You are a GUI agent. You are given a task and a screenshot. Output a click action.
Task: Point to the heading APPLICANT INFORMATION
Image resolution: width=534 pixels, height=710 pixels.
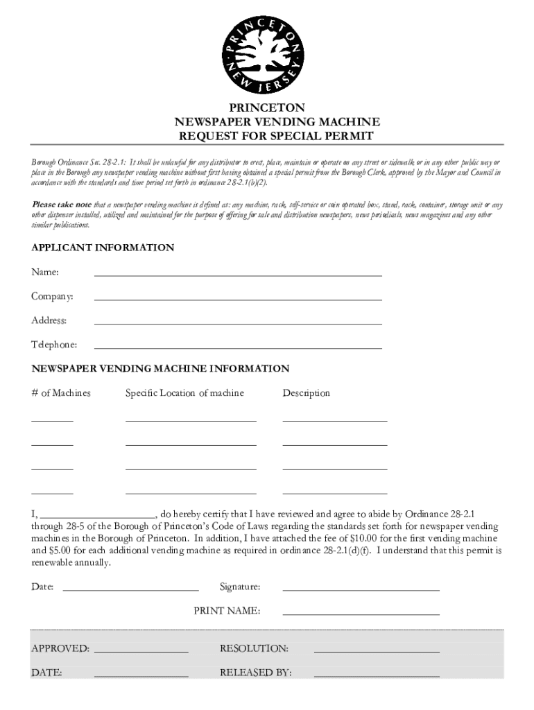click(x=103, y=248)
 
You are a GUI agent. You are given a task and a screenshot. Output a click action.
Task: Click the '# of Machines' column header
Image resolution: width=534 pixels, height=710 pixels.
click(x=61, y=393)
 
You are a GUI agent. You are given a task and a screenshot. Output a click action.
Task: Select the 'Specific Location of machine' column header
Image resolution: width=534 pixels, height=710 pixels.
click(x=184, y=393)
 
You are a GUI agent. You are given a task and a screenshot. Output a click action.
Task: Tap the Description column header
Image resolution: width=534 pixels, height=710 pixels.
click(x=306, y=393)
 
